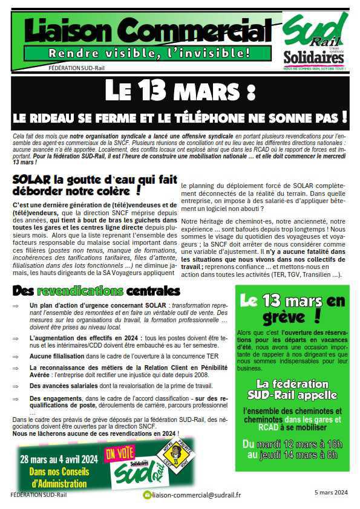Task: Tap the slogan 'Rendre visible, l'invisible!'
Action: [x=149, y=53]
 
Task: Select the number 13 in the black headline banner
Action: [x=153, y=91]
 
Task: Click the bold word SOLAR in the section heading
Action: [x=31, y=180]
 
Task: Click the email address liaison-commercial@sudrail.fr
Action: [x=197, y=495]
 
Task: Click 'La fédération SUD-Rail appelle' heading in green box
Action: [x=292, y=389]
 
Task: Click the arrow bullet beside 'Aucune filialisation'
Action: [x=16, y=357]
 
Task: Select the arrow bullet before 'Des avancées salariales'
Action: [x=16, y=385]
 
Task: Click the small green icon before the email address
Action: [x=146, y=495]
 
